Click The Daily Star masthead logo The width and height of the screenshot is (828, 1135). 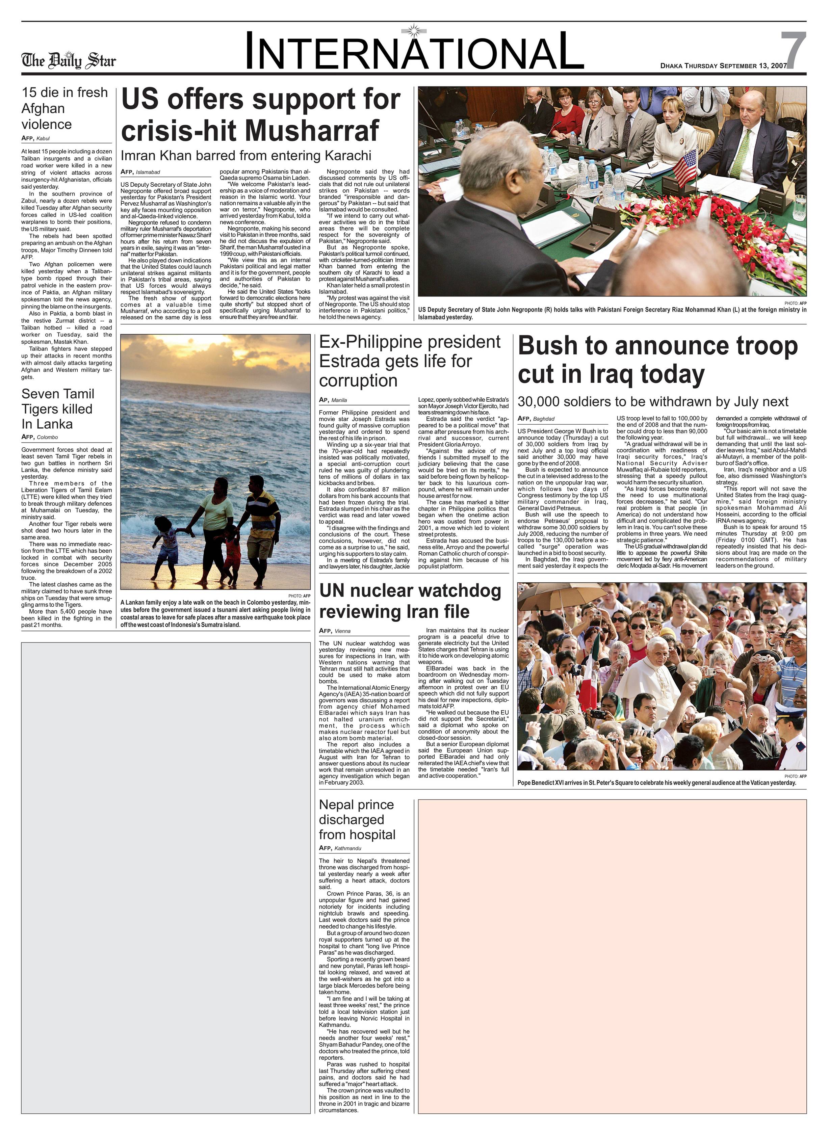point(68,61)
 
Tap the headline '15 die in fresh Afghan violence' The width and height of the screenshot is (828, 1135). point(64,108)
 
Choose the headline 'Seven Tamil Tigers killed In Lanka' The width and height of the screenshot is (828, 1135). point(57,409)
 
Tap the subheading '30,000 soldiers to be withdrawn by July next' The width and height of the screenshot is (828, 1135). point(653,402)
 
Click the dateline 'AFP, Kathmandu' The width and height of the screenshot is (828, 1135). point(340,848)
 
